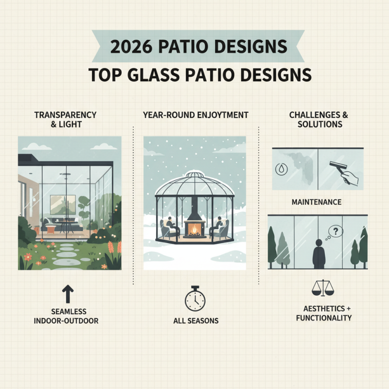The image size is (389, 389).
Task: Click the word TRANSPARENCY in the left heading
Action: click(66, 115)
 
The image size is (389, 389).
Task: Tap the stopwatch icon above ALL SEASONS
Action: click(194, 298)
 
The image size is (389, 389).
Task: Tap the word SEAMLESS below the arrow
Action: click(68, 312)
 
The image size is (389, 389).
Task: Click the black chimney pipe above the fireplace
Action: click(194, 207)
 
